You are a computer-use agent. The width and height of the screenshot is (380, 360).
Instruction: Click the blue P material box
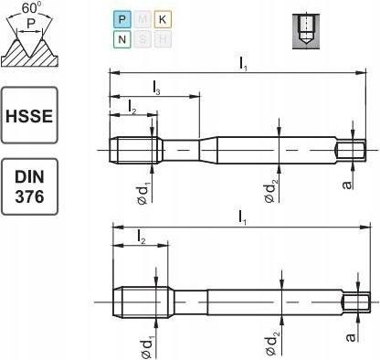[x=121, y=19]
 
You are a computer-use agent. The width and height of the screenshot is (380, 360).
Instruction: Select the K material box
[x=163, y=19]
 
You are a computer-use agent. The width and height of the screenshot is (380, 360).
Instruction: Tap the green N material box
[x=121, y=39]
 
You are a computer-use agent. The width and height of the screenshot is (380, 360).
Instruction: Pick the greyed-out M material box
[x=142, y=19]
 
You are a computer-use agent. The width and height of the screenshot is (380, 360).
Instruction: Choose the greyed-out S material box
[x=142, y=39]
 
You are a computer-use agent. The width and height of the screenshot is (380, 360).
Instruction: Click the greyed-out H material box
[x=163, y=39]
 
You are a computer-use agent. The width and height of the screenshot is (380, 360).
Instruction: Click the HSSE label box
[x=29, y=115]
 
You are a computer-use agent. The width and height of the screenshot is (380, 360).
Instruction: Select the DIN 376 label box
[x=29, y=186]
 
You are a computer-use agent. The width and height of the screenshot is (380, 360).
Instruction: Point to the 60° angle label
[x=29, y=8]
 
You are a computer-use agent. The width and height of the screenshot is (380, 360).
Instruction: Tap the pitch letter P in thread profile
[x=30, y=23]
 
